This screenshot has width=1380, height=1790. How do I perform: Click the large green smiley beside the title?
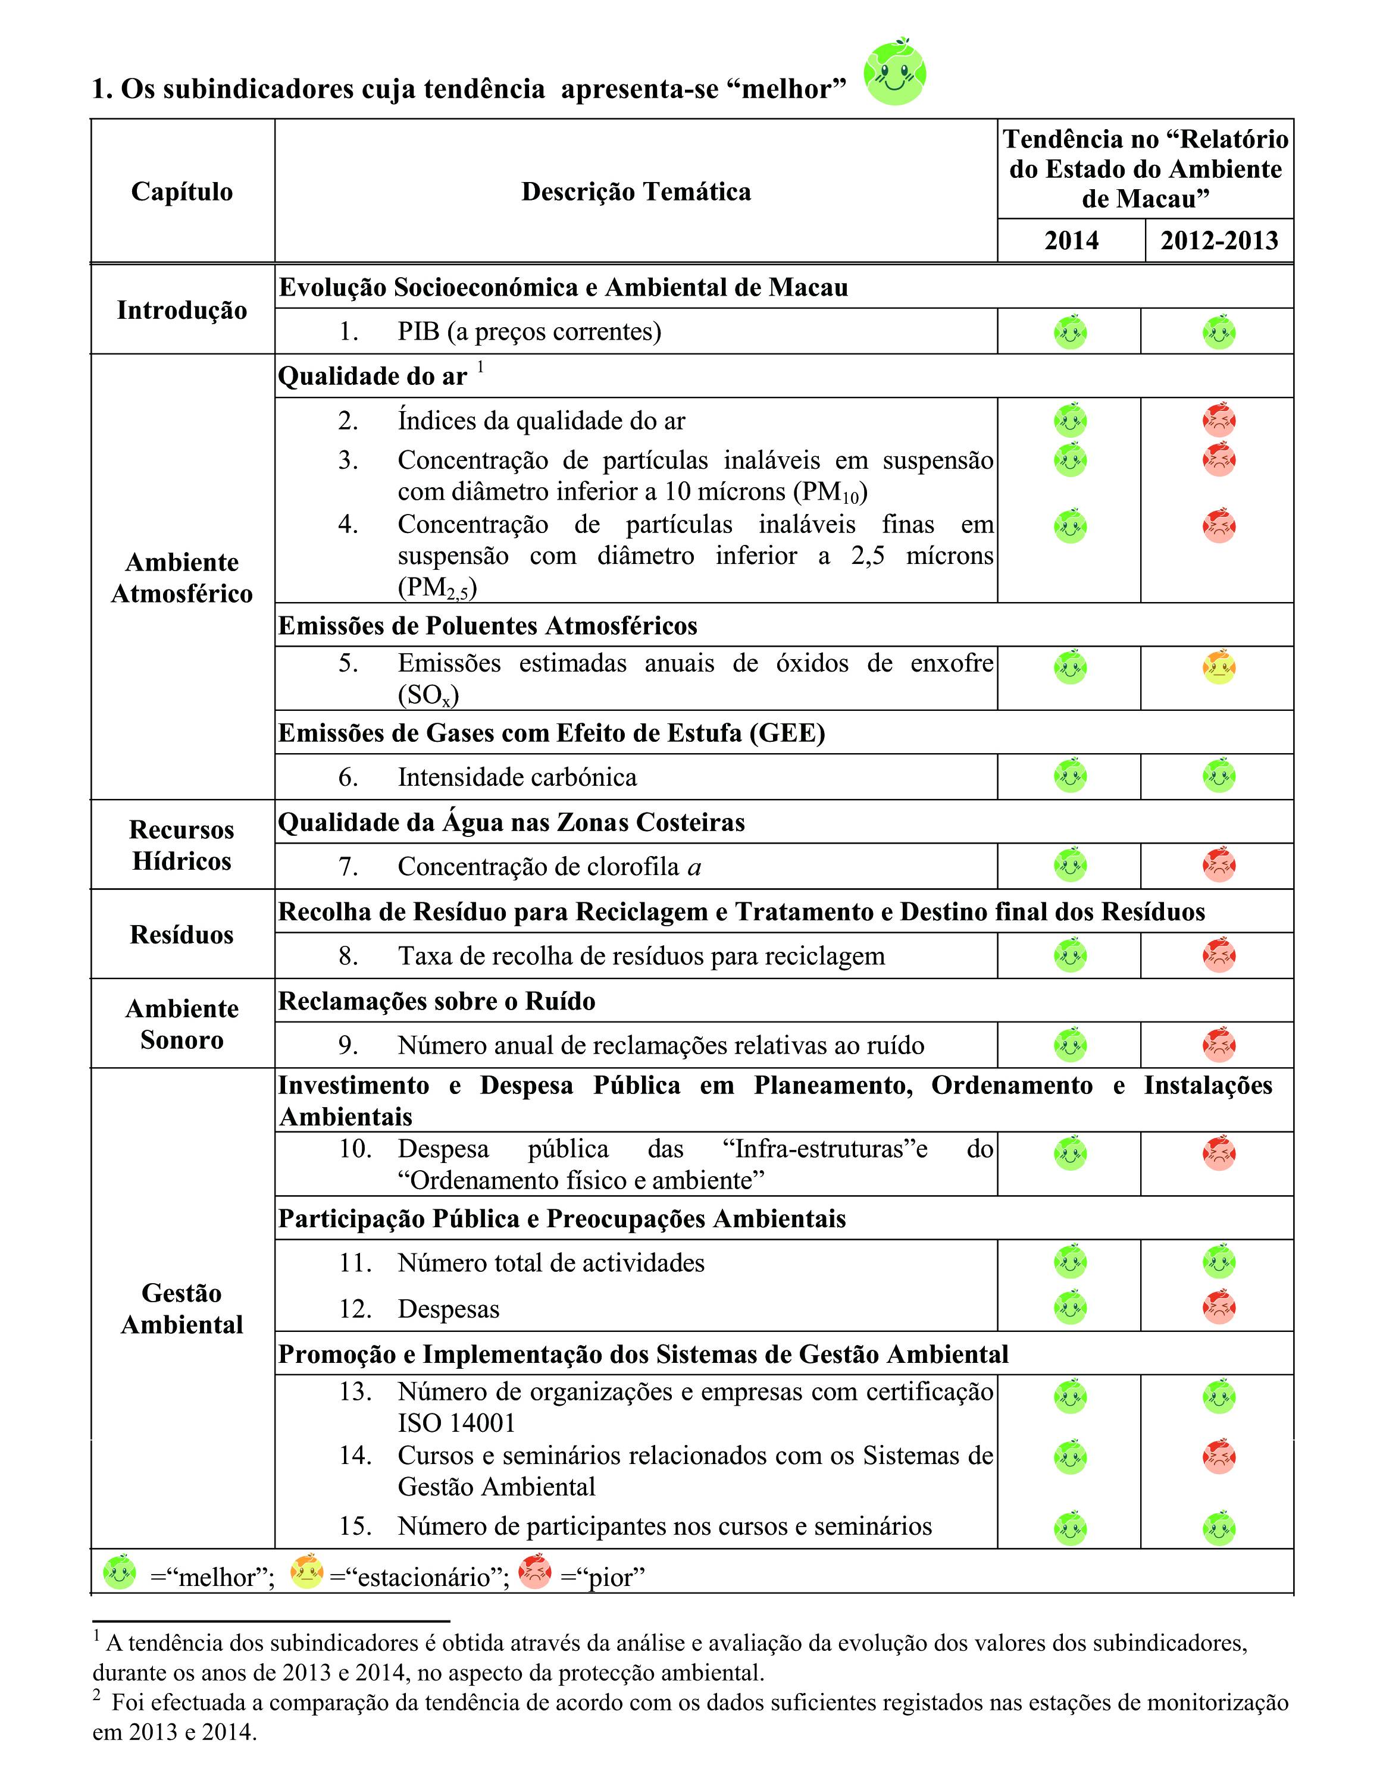click(x=894, y=73)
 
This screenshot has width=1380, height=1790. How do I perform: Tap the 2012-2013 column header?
click(x=1219, y=240)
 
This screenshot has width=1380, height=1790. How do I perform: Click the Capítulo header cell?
click(x=182, y=191)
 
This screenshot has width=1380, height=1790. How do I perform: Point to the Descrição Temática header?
click(x=636, y=191)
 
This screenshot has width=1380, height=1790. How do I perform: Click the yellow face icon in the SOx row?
click(x=1219, y=667)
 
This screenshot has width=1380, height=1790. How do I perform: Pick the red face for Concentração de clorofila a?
click(x=1219, y=866)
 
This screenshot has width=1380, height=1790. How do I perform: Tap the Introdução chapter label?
click(x=182, y=310)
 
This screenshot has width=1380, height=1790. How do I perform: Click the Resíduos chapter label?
click(x=182, y=935)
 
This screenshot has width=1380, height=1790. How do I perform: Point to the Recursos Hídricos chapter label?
click(x=182, y=845)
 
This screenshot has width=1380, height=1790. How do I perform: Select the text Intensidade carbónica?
click(x=517, y=777)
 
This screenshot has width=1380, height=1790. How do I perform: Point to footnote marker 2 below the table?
click(x=97, y=1694)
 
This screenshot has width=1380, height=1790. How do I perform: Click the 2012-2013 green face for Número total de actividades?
click(x=1219, y=1262)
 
